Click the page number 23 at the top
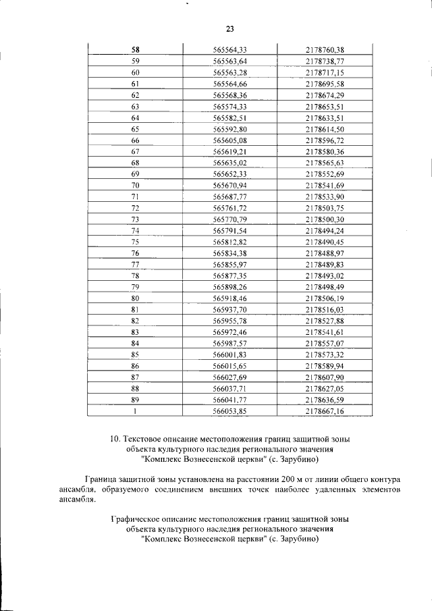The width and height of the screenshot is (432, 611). (x=229, y=28)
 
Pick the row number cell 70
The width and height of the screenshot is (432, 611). (x=135, y=185)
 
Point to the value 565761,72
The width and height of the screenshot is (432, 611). (x=230, y=208)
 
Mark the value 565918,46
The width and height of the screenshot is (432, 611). (x=230, y=298)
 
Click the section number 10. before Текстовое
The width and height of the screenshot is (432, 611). (x=115, y=439)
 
